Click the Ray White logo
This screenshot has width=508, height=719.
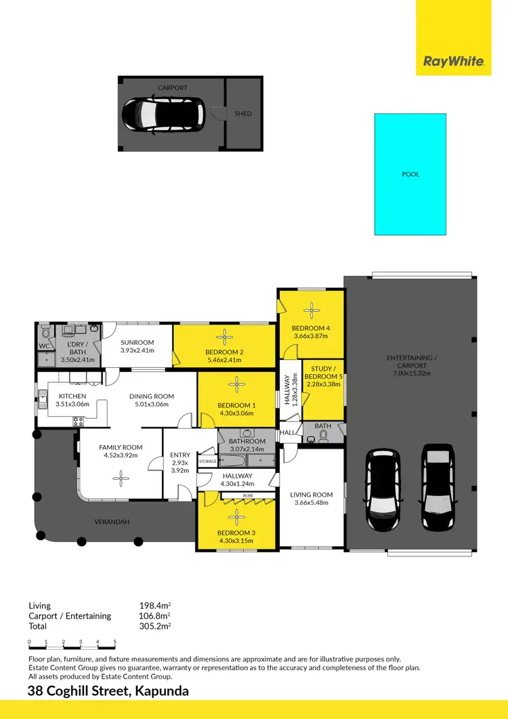(x=454, y=62)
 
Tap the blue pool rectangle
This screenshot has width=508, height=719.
(x=410, y=174)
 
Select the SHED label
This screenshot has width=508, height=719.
(x=243, y=114)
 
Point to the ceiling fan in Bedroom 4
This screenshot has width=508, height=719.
(x=312, y=310)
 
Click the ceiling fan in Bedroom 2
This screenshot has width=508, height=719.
(x=224, y=336)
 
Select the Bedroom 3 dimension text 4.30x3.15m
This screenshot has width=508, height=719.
(x=236, y=541)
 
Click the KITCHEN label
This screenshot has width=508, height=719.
(x=72, y=396)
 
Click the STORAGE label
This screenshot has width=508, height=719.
(x=207, y=461)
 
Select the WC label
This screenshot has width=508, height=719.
(x=44, y=346)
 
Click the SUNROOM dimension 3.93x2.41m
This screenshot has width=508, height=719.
(x=137, y=350)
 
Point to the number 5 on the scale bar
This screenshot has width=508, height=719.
(x=115, y=641)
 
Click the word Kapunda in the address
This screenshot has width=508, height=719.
(x=162, y=692)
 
